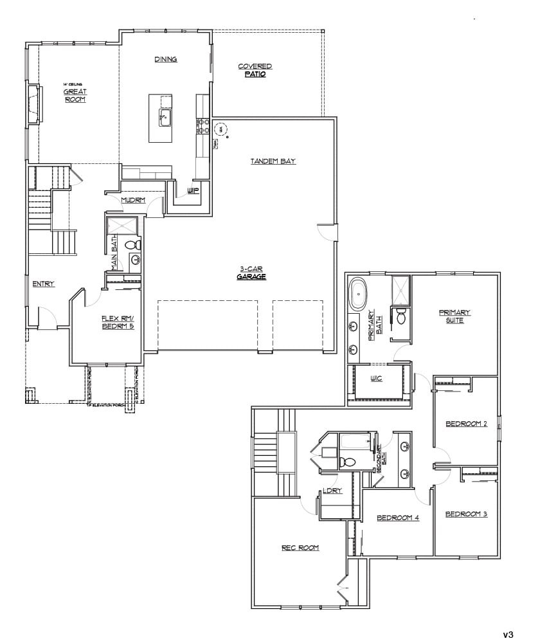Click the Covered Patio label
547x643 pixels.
[255, 70]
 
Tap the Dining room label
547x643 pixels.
[166, 59]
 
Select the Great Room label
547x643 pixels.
[75, 95]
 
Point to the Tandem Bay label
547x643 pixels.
[273, 161]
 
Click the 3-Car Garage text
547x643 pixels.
[251, 273]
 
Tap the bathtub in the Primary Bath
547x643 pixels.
[357, 294]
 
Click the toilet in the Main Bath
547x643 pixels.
[132, 244]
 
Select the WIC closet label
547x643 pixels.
[376, 378]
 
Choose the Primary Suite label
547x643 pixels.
[455, 316]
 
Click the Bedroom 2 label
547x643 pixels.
[467, 424]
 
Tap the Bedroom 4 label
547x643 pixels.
[398, 517]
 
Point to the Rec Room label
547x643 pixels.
[300, 548]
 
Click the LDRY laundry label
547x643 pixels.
[332, 491]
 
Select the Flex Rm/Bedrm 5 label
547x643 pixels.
[116, 322]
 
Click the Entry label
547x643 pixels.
[44, 284]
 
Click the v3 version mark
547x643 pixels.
[508, 634]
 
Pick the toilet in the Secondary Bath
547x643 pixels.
[348, 460]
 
